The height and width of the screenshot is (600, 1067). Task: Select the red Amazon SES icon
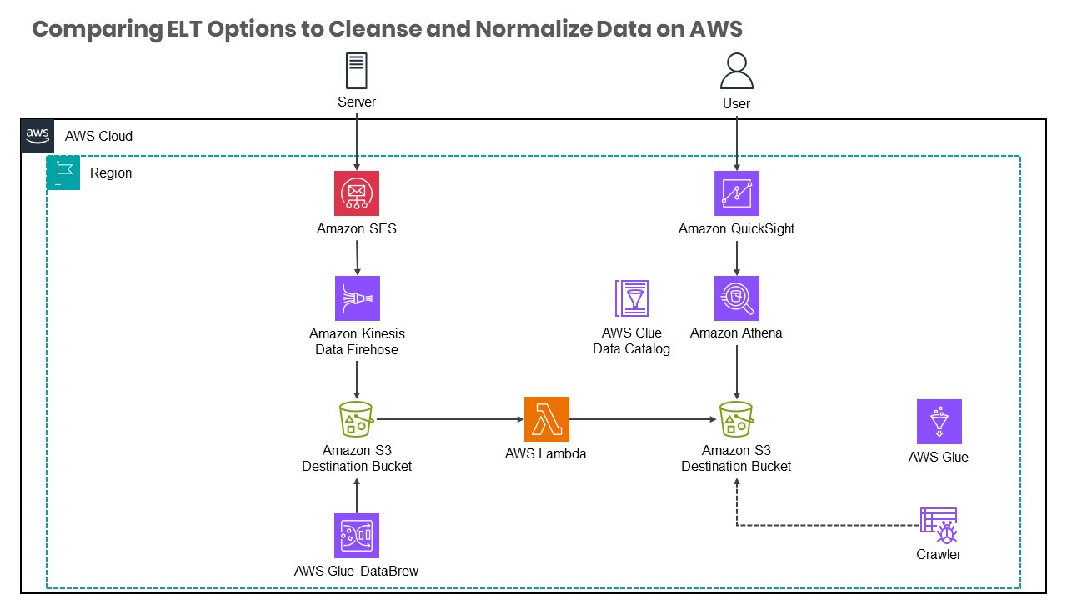coord(357,193)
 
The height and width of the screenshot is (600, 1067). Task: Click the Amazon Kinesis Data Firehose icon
coord(357,297)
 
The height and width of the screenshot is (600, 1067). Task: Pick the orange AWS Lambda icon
coord(547,418)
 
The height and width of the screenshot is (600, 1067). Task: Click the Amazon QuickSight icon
coord(736,193)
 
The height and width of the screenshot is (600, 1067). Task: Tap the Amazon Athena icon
coord(736,297)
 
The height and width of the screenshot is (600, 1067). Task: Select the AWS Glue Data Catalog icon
coord(632,298)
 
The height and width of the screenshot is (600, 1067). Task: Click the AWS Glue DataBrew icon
coord(357,535)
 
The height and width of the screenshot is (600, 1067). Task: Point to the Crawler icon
coord(939,525)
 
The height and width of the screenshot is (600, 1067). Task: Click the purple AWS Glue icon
coord(939,421)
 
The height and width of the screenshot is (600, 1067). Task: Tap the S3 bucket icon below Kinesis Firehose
coord(357,418)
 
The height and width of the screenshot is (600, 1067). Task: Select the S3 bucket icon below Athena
coord(736,418)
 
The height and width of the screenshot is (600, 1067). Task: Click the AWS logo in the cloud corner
coord(37,135)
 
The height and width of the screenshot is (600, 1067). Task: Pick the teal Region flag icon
coord(63,172)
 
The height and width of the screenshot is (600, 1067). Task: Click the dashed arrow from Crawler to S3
coord(825,526)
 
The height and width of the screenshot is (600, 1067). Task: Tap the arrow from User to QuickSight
coord(736,142)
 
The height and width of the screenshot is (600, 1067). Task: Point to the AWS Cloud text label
coord(98,136)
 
